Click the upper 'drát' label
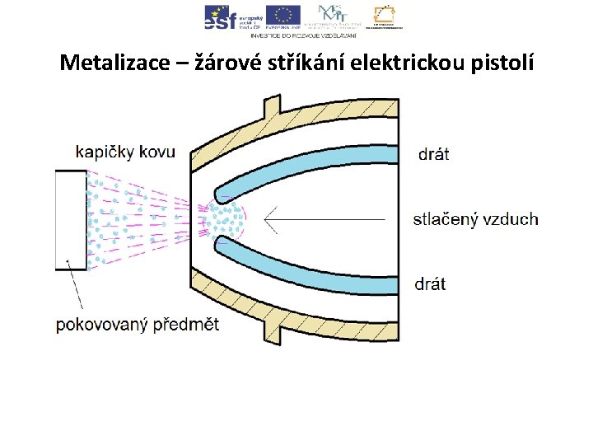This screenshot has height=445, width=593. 434,154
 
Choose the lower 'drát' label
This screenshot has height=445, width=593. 430,284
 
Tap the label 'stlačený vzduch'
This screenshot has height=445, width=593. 475,219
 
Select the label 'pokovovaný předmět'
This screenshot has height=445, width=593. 138,324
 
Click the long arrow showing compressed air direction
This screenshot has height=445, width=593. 329,219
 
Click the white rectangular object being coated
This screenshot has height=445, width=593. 71,219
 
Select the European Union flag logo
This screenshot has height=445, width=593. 282,16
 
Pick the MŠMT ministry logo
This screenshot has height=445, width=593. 332,16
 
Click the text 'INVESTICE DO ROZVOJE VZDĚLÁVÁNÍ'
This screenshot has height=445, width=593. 303,35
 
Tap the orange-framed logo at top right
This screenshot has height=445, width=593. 385,16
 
